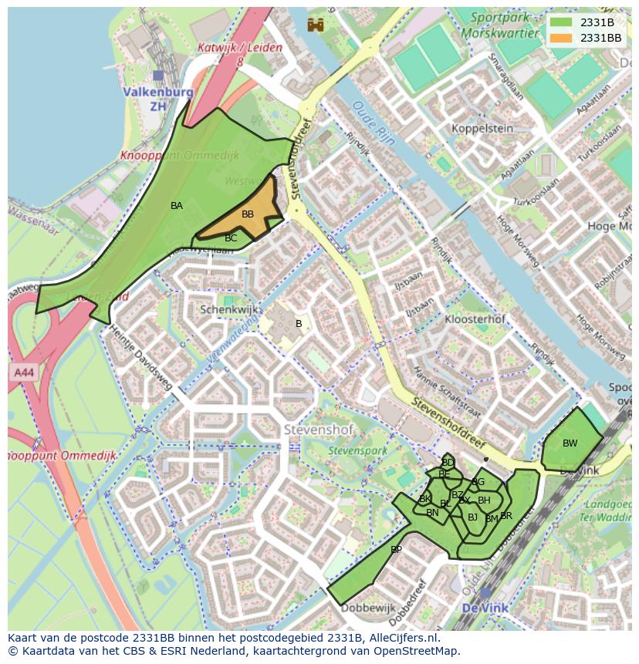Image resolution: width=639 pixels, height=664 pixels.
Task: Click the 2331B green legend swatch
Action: tap(562, 22)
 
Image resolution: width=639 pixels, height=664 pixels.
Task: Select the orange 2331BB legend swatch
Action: tap(562, 38)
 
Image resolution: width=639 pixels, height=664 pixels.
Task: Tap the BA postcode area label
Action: tap(177, 206)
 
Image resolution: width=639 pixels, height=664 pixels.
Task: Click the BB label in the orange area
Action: tap(248, 214)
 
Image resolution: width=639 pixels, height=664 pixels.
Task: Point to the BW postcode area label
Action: tap(570, 443)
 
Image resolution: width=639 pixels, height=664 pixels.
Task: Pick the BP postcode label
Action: tap(396, 550)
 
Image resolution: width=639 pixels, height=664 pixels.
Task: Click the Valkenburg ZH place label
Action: tap(157, 99)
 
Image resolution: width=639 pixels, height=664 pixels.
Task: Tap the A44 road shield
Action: tap(23, 372)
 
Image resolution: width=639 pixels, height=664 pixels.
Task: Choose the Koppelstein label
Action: tap(482, 128)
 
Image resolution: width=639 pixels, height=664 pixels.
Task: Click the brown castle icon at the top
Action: tap(315, 25)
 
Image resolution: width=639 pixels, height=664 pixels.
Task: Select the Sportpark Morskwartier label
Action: tap(505, 25)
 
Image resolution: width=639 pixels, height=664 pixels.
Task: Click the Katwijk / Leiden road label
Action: tap(239, 53)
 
